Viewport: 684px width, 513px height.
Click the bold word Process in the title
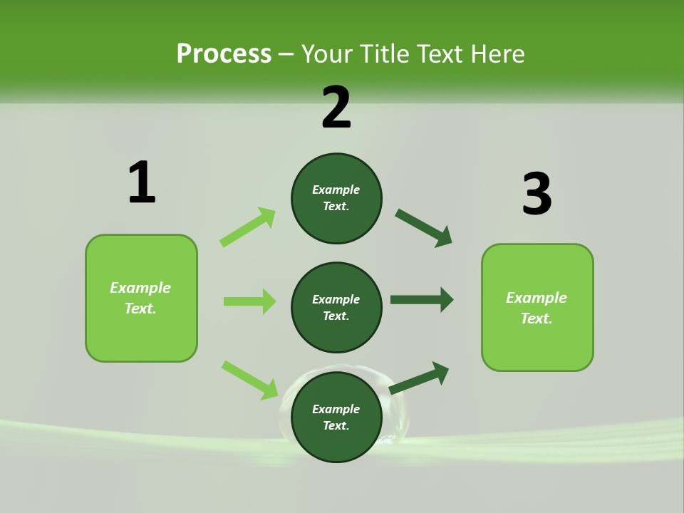click(224, 53)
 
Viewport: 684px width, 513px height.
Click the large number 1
click(142, 182)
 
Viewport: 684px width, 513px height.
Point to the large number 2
click(336, 108)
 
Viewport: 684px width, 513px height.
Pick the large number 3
click(537, 194)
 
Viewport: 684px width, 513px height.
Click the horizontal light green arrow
click(249, 301)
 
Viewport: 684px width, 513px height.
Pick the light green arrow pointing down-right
click(249, 380)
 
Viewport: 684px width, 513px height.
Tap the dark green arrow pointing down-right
click(424, 228)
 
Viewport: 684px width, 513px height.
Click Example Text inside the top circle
click(336, 198)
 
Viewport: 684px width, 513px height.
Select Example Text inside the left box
click(140, 298)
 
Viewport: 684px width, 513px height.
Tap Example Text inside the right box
click(537, 308)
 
